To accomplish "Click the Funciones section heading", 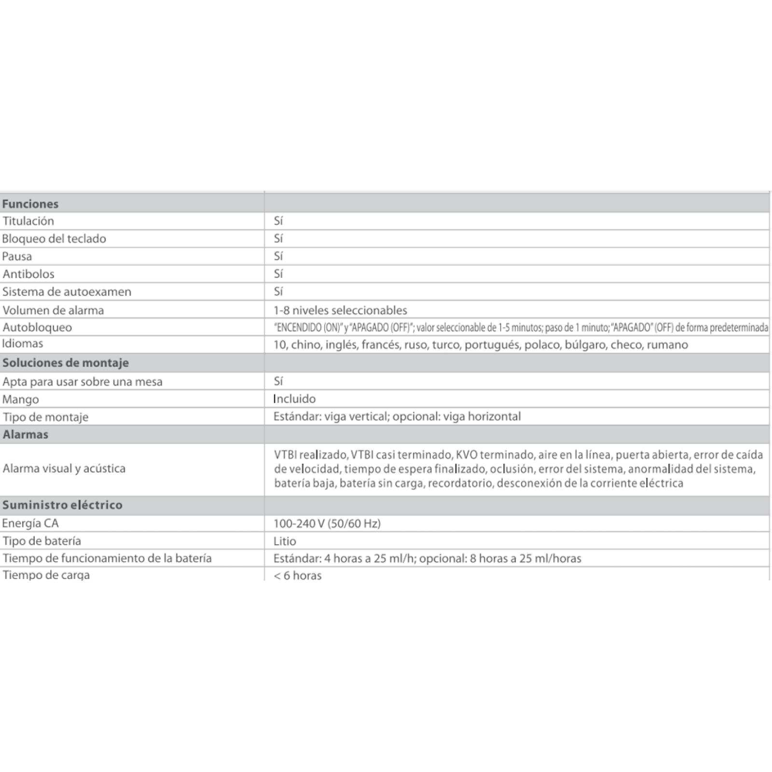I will (x=30, y=204).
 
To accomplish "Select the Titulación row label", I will (x=28, y=221).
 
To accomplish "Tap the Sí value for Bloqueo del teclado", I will (x=278, y=238).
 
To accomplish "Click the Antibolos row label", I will (x=28, y=274).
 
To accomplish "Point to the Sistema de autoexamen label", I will (x=67, y=291).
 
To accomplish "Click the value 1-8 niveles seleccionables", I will (x=340, y=310).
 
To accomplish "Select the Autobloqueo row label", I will (x=37, y=327).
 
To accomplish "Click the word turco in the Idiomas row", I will (x=446, y=345).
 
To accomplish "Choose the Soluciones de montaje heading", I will (x=66, y=362).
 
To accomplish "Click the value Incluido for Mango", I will (x=294, y=399).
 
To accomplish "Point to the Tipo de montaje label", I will (x=45, y=416).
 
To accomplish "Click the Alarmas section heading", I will (x=26, y=434).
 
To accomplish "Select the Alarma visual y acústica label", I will (x=64, y=468).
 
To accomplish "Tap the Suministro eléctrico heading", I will (x=62, y=505).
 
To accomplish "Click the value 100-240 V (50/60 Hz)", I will (x=327, y=523).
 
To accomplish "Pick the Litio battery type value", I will (x=285, y=541).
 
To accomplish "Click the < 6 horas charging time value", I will (x=298, y=575).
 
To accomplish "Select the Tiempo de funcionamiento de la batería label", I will (x=107, y=558).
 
